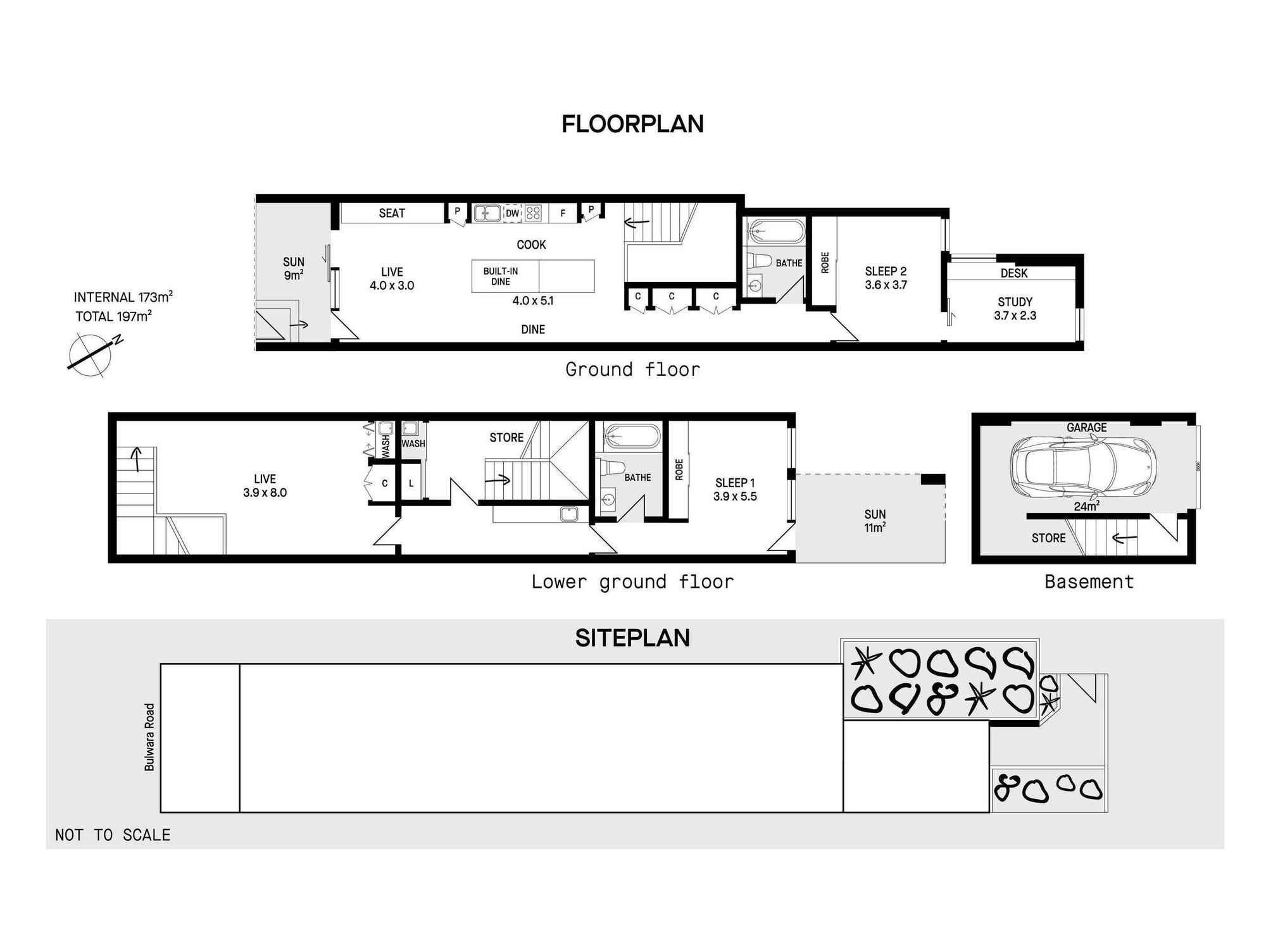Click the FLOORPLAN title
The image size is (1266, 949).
[632, 124]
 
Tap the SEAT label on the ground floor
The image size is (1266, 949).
[392, 213]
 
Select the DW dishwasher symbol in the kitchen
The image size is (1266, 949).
[512, 213]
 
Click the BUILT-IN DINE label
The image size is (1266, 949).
[500, 276]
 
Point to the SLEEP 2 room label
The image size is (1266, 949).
[886, 278]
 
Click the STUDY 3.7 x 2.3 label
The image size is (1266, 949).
[1015, 309]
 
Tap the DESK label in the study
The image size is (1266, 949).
[1013, 273]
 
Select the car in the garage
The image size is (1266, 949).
[1082, 468]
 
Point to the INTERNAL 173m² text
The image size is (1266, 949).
[123, 297]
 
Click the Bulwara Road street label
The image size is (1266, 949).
[149, 737]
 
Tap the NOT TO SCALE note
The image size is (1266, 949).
[113, 835]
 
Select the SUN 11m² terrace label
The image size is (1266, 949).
[875, 521]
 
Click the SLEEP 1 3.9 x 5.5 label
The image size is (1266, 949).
[734, 490]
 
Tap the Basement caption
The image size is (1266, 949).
[1089, 581]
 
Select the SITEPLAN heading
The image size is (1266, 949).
[632, 638]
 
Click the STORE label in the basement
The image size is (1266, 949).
[1048, 538]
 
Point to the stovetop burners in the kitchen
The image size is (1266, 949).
[534, 213]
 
